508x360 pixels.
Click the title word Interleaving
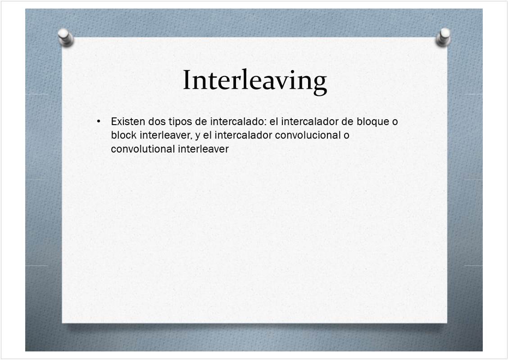pos(255,81)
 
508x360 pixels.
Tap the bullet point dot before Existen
pos(99,122)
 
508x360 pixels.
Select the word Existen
pos(128,121)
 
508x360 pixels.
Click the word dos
pos(157,121)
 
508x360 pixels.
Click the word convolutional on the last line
pos(143,148)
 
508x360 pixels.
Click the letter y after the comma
pos(197,136)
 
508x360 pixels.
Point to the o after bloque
pos(395,122)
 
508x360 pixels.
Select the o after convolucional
pos(347,136)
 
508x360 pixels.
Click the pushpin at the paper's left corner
pos(66,38)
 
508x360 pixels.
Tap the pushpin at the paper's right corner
pos(443,37)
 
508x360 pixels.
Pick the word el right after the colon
pos(274,121)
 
